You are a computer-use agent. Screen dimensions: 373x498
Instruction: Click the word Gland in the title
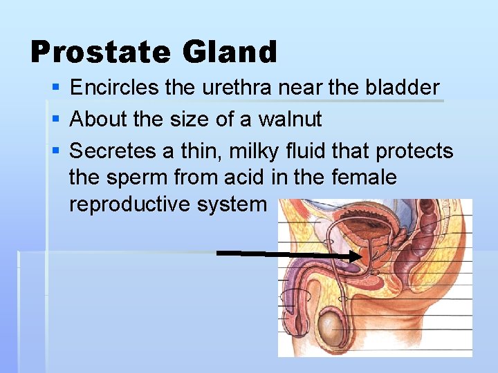[x=230, y=52]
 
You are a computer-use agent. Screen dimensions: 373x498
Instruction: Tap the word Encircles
[x=116, y=88]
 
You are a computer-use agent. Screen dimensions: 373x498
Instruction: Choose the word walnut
[x=290, y=119]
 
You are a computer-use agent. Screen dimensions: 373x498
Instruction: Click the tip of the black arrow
[x=360, y=256]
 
